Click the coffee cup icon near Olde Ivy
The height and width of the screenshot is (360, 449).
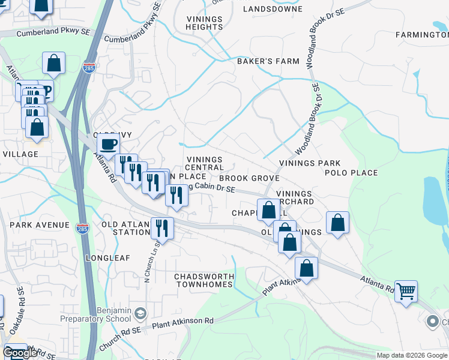[x=108, y=144]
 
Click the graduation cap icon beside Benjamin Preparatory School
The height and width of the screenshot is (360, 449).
[x=140, y=314]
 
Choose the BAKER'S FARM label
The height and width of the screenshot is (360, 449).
[x=259, y=61]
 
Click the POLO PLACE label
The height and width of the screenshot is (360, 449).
[x=351, y=173]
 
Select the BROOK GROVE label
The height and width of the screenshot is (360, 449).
[x=249, y=179]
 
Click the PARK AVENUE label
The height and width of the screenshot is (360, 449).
[x=39, y=225]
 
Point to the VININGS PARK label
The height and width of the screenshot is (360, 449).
[x=310, y=163]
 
